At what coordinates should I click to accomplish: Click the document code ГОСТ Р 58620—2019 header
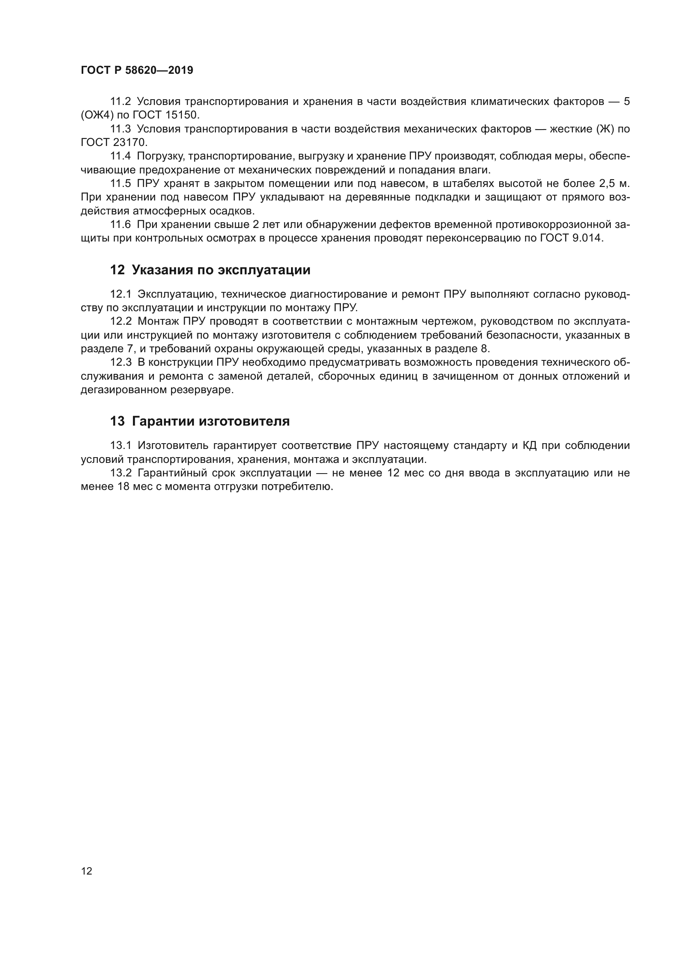(137, 70)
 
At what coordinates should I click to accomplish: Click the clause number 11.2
(120, 102)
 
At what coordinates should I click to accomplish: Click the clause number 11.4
(120, 156)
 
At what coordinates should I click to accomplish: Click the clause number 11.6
(120, 225)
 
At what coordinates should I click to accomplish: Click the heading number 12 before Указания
(117, 270)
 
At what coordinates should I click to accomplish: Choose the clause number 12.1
(120, 294)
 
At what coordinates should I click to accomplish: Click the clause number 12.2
(120, 321)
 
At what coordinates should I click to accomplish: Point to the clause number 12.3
(120, 362)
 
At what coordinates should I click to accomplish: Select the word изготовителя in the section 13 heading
(244, 421)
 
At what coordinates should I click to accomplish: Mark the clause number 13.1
(120, 446)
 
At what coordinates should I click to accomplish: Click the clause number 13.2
(120, 473)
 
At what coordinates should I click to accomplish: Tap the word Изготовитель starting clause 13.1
(172, 446)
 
